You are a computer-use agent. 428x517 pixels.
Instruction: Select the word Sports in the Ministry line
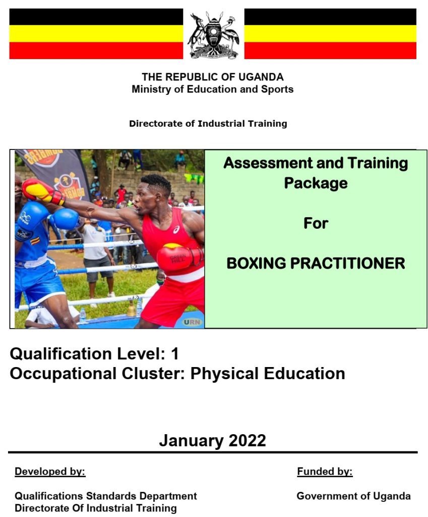coord(278,89)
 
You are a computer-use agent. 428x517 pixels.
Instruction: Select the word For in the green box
coord(316,223)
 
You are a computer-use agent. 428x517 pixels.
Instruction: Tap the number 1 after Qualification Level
coord(174,353)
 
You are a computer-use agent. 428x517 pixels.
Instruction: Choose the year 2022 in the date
coord(247,440)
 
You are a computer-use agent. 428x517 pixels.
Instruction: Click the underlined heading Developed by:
coord(50,472)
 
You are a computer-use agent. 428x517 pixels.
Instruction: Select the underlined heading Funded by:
coord(325,472)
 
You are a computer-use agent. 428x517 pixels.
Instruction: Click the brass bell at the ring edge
coord(132,309)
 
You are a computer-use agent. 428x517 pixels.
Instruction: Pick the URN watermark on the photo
coord(192,321)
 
